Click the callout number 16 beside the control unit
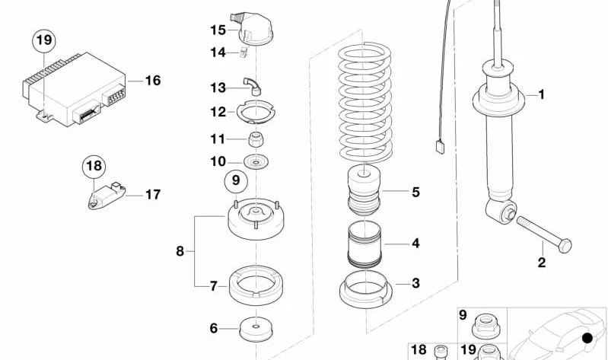153,81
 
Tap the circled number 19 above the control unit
44,40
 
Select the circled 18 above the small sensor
94,167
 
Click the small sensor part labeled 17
107,196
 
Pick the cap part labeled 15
252,28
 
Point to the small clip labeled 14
244,53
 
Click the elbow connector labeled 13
253,86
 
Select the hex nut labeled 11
256,139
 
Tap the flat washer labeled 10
256,161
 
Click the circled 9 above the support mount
236,180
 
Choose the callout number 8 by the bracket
180,251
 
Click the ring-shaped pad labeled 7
256,285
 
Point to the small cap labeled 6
256,330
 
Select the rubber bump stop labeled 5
364,190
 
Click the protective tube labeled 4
364,244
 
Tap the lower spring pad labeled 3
366,289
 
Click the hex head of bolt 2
565,246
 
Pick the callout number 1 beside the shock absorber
542,94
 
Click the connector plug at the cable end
440,148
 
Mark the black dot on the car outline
588,338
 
